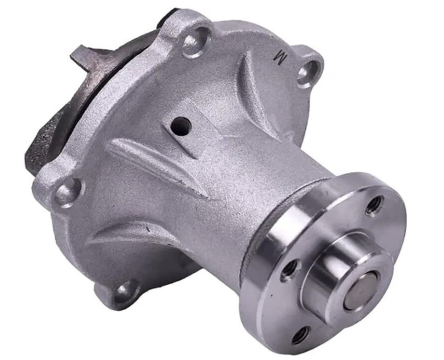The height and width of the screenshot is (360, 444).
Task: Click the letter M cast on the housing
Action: click(x=280, y=58)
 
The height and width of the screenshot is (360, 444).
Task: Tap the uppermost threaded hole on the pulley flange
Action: click(x=374, y=205)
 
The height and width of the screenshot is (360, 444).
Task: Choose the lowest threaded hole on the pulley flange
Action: click(x=301, y=336)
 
